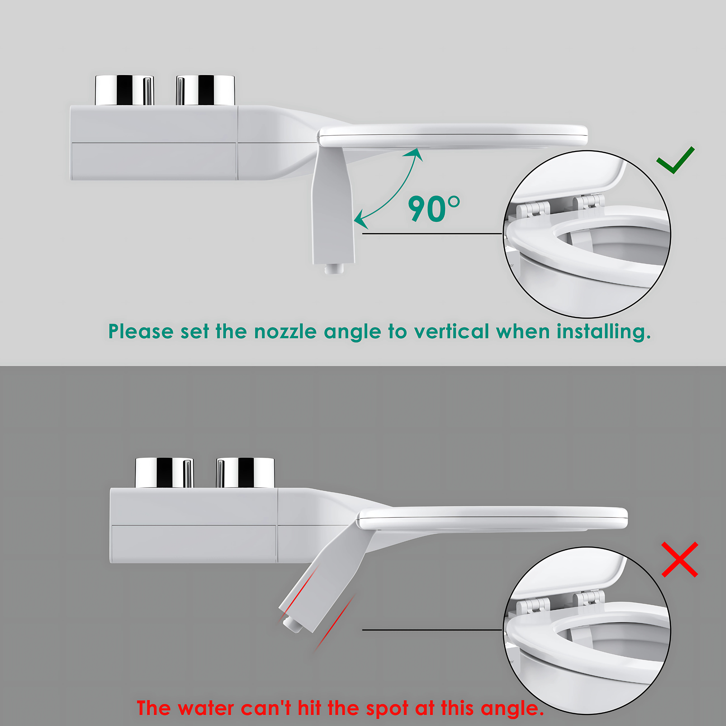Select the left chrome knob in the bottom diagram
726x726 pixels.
[x=165, y=472]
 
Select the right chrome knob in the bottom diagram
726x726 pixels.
[x=245, y=472]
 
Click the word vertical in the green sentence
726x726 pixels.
[x=451, y=331]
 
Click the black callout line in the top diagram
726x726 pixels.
[x=432, y=234]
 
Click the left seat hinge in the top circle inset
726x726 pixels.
[x=533, y=208]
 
